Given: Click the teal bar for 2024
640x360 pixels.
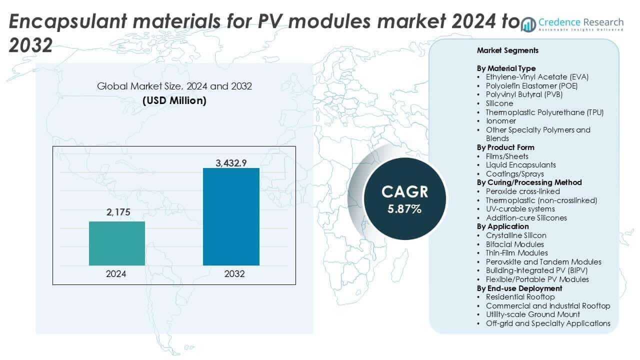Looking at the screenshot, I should click(116, 243).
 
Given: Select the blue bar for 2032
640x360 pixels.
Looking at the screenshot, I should click(231, 216).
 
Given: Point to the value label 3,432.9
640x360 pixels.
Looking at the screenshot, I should click(231, 162).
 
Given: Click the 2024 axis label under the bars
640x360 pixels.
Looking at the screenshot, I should click(116, 274).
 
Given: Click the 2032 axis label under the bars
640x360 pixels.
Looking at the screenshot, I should click(231, 274).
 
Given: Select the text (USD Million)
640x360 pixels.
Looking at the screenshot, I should click(174, 100).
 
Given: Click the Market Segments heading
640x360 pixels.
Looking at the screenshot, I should click(507, 50).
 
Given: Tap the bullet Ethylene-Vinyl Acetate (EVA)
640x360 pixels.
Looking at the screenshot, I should click(537, 77).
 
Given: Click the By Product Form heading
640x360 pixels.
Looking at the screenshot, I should click(505, 147).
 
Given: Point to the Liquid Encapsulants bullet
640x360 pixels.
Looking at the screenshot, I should click(520, 164).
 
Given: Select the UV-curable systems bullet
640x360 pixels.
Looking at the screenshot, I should click(520, 208).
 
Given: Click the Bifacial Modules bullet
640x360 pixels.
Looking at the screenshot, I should click(514, 244).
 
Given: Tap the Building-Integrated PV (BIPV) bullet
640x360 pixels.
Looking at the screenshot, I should click(535, 270).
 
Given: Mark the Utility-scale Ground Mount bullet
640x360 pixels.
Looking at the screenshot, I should click(532, 314).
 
